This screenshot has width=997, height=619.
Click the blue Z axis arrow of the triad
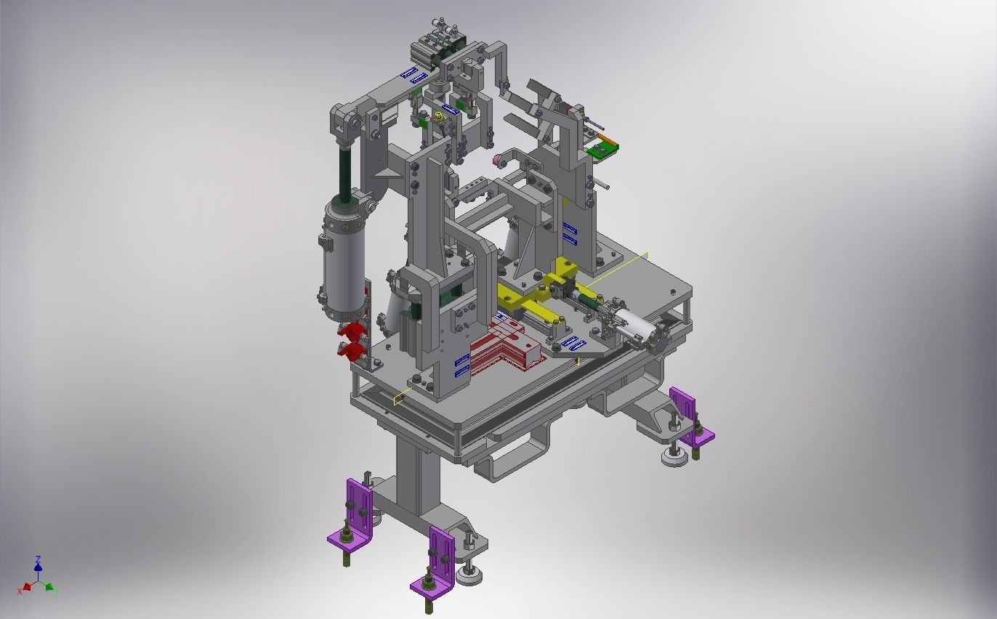click(38, 564)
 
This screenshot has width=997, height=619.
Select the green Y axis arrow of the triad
click(50, 587)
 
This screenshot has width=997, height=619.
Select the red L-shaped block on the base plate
click(505, 348)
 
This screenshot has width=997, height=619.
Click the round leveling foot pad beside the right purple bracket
click(674, 458)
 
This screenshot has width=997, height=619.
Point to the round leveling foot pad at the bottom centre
click(470, 577)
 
